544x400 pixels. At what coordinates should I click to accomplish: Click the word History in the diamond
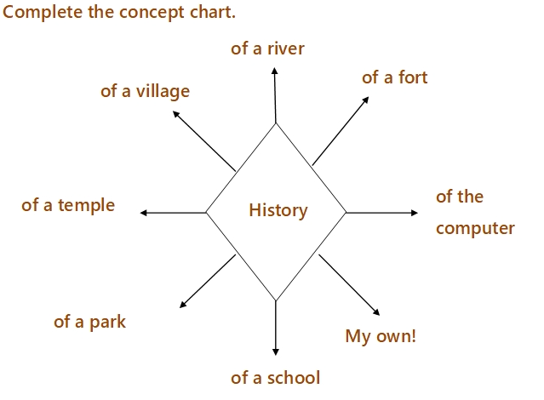[278, 210]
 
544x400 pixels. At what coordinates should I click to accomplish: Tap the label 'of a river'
[267, 49]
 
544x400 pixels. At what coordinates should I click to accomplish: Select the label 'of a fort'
[394, 77]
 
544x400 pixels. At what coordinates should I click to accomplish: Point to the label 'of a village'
[145, 91]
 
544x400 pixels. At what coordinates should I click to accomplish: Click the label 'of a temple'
[68, 205]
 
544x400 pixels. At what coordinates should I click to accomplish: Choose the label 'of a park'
[89, 322]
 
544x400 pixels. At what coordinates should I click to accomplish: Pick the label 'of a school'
[275, 377]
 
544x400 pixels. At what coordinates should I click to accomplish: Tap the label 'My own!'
[381, 335]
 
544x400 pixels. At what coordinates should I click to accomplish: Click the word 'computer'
[475, 228]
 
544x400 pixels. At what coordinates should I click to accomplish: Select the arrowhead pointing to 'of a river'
[274, 70]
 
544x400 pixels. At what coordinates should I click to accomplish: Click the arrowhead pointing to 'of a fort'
[365, 100]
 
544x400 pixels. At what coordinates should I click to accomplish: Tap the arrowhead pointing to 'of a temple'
[143, 212]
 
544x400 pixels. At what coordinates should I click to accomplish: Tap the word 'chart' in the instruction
[211, 14]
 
